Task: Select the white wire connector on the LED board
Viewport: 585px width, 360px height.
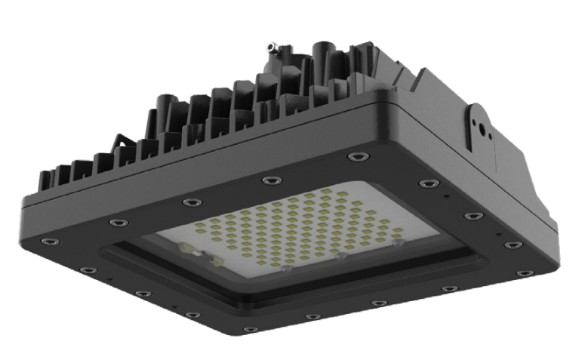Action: tap(205, 257)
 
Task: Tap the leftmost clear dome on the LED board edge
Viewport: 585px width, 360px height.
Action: tap(285, 267)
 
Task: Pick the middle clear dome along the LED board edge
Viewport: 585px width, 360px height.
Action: tap(341, 257)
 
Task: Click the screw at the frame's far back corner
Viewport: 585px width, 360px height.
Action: tap(353, 157)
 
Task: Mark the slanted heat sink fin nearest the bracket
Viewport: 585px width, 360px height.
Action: tap(423, 83)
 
